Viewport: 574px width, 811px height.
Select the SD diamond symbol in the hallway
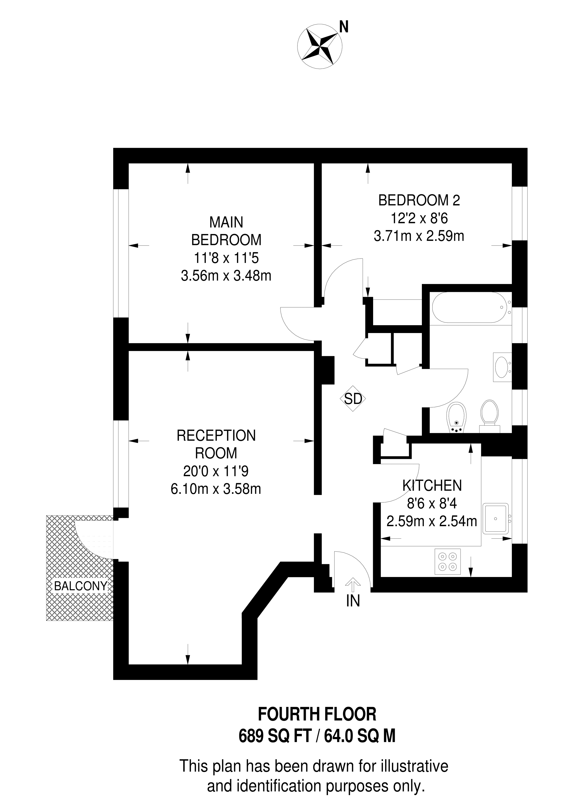click(x=353, y=399)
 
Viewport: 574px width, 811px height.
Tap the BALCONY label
click(x=80, y=586)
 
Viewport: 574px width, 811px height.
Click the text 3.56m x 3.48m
click(x=226, y=276)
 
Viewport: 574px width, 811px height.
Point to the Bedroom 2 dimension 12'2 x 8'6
click(x=419, y=218)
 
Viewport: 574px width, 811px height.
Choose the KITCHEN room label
click(x=432, y=486)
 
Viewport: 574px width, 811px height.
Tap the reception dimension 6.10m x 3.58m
click(x=216, y=489)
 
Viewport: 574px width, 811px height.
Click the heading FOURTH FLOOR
click(x=317, y=715)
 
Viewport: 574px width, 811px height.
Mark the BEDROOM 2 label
click(x=419, y=200)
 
